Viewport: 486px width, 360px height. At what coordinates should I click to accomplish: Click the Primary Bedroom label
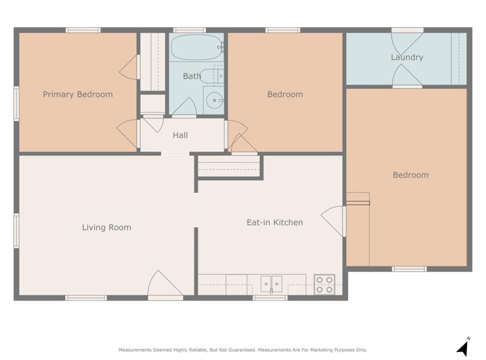coord(78,94)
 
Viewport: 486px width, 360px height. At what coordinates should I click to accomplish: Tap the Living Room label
coord(107,227)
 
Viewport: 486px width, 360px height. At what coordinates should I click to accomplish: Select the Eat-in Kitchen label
coord(275,222)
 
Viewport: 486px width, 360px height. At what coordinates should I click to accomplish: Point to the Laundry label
coord(407,57)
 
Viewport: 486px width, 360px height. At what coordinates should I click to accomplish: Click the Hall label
coord(180,135)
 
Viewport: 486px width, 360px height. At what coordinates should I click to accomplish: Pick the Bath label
coord(192,76)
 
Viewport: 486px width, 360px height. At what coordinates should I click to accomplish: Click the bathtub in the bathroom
coord(197,47)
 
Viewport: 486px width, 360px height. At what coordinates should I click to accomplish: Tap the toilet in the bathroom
coord(211,76)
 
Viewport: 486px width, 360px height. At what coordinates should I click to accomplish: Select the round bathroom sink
coord(215,100)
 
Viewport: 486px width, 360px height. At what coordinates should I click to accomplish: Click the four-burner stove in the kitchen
coord(324,285)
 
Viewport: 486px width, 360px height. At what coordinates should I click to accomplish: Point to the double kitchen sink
coord(271,284)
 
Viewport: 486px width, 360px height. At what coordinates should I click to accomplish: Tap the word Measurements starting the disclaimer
coord(135,350)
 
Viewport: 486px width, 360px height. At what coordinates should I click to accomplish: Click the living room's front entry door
coord(165,284)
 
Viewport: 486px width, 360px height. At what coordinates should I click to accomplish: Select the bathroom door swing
coord(184,107)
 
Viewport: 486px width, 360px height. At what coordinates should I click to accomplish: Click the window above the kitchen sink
coord(270,298)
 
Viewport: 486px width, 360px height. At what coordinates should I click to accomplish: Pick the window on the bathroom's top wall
coord(189,30)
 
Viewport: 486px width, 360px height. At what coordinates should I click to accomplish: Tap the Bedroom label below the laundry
coord(411,175)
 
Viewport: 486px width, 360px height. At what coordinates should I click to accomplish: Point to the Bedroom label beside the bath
coord(285,94)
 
